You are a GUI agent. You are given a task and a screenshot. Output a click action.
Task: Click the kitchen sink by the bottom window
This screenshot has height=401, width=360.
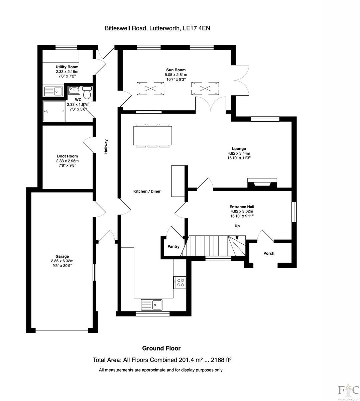click(x=152, y=304)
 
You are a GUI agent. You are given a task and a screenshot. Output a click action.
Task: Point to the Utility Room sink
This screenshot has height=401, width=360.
click(x=53, y=91)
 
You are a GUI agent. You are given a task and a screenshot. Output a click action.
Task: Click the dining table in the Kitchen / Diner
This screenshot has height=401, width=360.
click(x=153, y=136)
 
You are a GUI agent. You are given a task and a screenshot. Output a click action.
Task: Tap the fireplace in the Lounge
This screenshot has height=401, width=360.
click(x=262, y=183)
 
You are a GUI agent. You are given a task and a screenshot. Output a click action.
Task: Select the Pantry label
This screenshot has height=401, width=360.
click(x=173, y=247)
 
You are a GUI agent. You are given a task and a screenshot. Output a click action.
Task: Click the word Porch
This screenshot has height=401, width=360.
click(x=269, y=253)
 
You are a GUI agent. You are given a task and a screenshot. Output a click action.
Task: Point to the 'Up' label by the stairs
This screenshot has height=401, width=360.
click(x=237, y=226)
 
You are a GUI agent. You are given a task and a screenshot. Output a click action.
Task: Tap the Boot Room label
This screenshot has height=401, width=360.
click(x=67, y=156)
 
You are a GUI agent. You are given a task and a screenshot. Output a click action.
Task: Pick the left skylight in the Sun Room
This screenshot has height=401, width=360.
click(x=150, y=89)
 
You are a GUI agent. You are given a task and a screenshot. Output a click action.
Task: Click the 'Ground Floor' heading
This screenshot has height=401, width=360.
click(x=161, y=348)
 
